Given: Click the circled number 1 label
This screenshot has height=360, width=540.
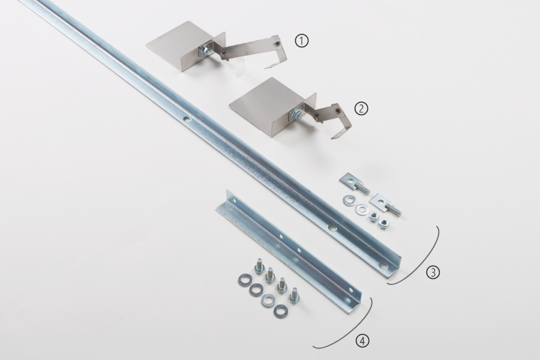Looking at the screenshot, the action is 301,41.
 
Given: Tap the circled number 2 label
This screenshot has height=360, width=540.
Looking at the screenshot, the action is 361,109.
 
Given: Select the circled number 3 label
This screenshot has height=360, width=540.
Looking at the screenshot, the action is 433,272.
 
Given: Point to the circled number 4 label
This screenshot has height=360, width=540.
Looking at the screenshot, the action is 362,341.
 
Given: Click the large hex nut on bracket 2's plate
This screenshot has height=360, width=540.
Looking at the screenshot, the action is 295,113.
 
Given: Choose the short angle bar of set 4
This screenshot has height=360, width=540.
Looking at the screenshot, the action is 289,251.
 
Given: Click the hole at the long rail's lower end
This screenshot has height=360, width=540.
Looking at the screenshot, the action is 383,266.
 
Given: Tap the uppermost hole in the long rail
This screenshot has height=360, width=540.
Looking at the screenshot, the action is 187,119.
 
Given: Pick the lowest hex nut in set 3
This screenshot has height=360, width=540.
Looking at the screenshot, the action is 382,224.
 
